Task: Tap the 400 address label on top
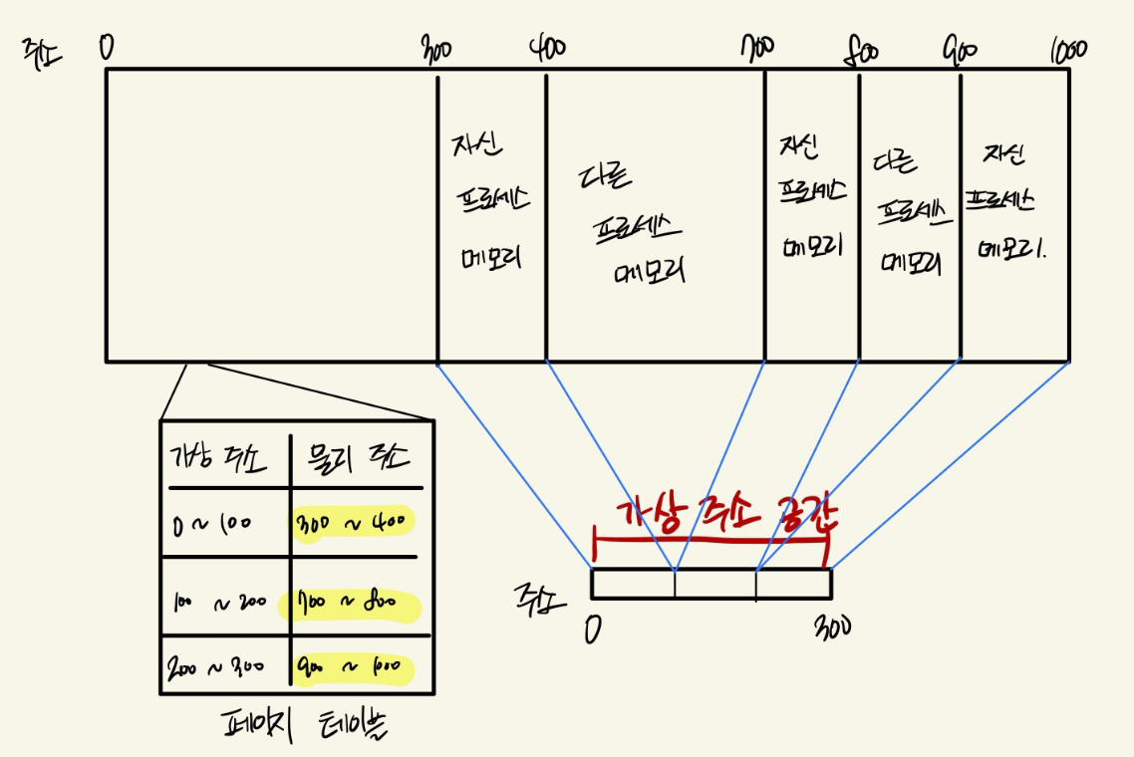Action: [547, 50]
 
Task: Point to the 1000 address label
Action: [1067, 50]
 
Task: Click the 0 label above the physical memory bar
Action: [107, 47]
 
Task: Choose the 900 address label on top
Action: [960, 50]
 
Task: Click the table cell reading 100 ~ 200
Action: [220, 603]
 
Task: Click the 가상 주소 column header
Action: [220, 458]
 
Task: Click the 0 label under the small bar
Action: [595, 629]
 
